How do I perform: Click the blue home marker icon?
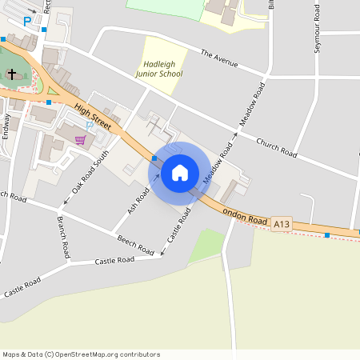pyautogui.click(x=180, y=173)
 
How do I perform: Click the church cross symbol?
pyautogui.click(x=12, y=74)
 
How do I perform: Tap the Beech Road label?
pyautogui.click(x=134, y=246)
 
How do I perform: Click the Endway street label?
pyautogui.click(x=6, y=126)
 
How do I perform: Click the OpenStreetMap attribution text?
pyautogui.click(x=81, y=354)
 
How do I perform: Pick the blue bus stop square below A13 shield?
pyautogui.click(x=326, y=235)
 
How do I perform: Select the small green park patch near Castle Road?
pyautogui.click(x=206, y=245)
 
